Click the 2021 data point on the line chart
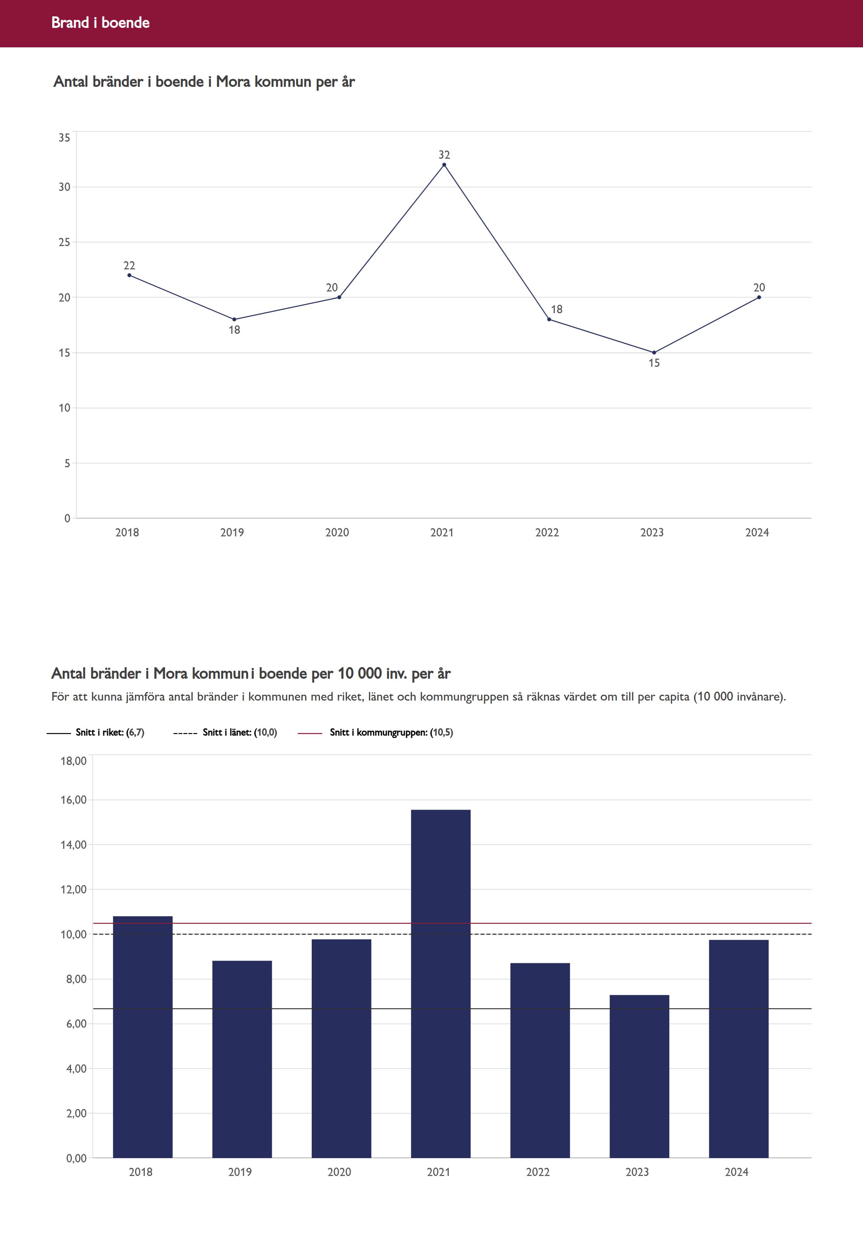444,165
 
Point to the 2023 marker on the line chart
654,352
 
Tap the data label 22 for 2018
129,265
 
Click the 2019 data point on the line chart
234,319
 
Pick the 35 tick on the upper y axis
64,138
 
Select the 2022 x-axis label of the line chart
547,532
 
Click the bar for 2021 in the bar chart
440,984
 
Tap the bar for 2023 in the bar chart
639,1076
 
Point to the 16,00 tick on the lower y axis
73,800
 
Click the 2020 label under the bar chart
339,1172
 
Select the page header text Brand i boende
101,23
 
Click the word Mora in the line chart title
233,82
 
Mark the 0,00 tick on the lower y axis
76,1158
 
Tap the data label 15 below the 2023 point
654,363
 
